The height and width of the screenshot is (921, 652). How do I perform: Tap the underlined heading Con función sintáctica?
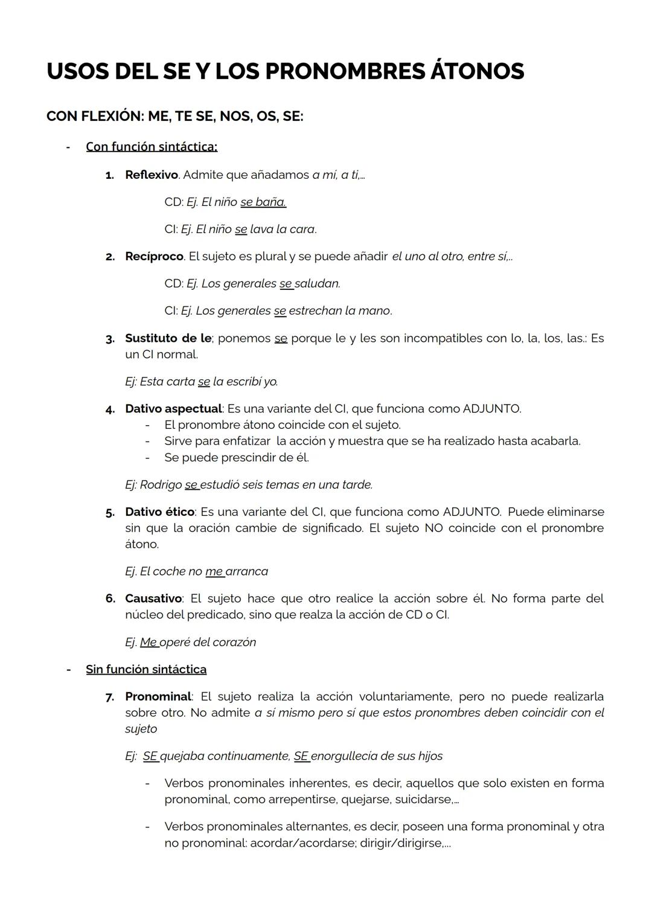(152, 147)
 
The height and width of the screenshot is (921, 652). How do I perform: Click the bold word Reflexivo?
(151, 175)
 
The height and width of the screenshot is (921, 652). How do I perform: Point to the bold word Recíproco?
(154, 256)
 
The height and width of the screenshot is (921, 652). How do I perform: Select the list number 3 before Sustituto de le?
(110, 339)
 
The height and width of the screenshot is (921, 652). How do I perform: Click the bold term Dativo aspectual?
(173, 409)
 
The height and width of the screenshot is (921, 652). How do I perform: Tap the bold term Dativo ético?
(159, 512)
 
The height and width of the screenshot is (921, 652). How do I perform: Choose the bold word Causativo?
(153, 598)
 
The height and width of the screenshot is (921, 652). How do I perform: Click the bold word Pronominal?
(158, 696)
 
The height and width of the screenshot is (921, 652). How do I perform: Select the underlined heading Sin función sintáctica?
(146, 669)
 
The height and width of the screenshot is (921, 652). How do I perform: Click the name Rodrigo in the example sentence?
(161, 485)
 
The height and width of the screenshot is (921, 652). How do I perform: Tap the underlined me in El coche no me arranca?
(214, 571)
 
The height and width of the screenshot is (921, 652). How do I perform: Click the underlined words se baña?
(263, 202)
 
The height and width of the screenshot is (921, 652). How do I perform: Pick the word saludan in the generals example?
(317, 283)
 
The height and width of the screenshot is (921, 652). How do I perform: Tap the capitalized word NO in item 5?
(433, 528)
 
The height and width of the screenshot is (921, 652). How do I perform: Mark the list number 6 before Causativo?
(110, 598)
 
